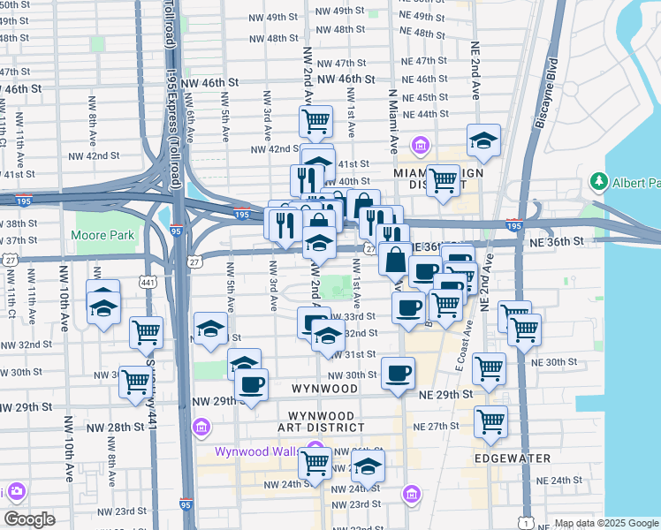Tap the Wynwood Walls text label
[x=258, y=452]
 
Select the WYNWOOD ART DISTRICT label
[x=322, y=421]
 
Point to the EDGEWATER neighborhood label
[x=513, y=458]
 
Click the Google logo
[x=30, y=519]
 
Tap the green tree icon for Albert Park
[x=598, y=182]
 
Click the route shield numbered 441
[x=148, y=281]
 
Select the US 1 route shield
[x=526, y=523]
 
